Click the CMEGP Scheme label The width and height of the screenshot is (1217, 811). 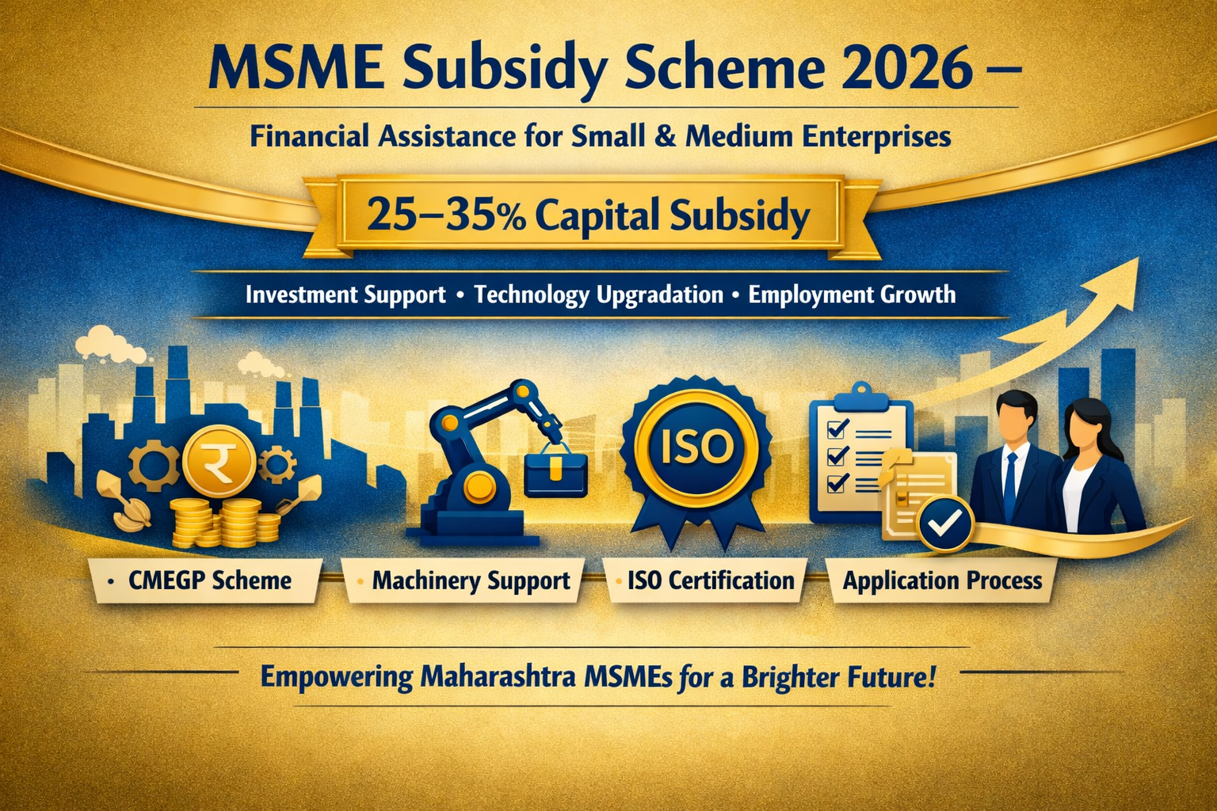[210, 581]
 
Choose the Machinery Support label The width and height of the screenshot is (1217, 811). [471, 581]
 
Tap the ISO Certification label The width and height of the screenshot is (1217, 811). [710, 581]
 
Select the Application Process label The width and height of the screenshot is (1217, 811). [942, 581]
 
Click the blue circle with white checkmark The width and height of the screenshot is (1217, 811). [944, 524]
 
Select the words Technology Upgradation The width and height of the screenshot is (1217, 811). [598, 295]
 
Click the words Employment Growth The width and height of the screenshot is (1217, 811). [852, 295]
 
